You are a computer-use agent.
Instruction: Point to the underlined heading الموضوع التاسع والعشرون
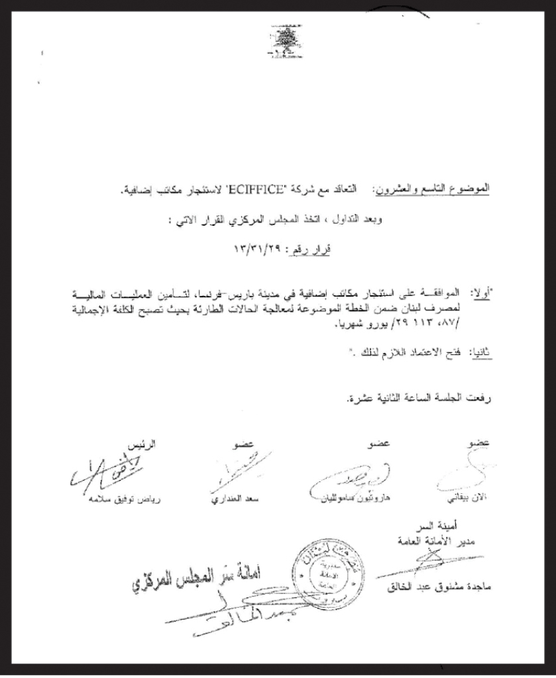[x=433, y=190]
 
